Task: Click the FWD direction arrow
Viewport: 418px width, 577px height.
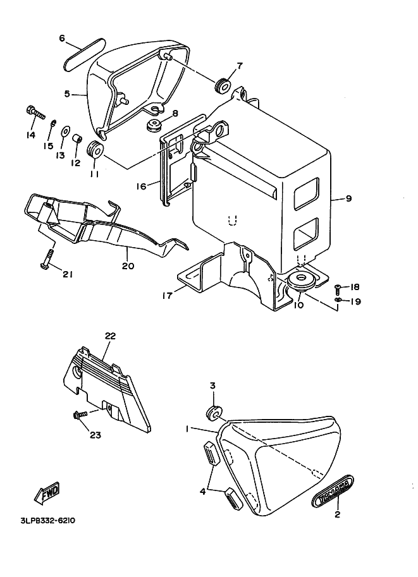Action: tap(47, 493)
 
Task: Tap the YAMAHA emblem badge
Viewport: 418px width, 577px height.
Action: tap(333, 491)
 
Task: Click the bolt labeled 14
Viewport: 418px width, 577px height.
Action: tap(35, 112)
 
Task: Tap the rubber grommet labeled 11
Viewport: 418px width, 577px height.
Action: tap(95, 149)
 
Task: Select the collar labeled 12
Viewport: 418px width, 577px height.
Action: tap(77, 140)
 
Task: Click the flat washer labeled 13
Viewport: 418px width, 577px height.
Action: tap(65, 131)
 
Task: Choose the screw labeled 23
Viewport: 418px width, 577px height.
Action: tap(81, 415)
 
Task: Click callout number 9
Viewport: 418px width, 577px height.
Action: tap(348, 198)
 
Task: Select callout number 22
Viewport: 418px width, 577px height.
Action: tap(110, 336)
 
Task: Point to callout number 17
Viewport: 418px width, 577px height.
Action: tap(168, 296)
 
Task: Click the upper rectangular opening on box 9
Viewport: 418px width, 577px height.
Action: tap(306, 193)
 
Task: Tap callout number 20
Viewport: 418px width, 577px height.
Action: tap(128, 265)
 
